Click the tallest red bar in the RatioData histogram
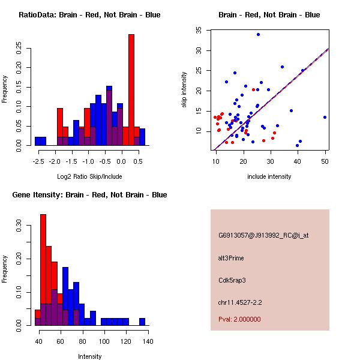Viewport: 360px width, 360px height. (x=131, y=90)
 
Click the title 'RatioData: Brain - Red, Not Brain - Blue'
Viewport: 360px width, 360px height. (x=89, y=15)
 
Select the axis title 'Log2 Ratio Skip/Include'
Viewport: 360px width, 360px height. (x=89, y=176)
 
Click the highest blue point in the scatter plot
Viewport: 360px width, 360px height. (x=258, y=34)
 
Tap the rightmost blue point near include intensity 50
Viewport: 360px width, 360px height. (x=325, y=117)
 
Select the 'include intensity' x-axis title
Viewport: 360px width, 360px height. (x=269, y=176)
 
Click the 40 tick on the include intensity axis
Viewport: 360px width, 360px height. (x=298, y=154)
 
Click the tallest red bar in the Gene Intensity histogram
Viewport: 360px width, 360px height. (x=43, y=270)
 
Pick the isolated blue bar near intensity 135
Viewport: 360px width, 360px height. (x=142, y=322)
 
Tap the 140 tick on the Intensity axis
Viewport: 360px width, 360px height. (x=148, y=334)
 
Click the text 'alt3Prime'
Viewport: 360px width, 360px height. (x=231, y=259)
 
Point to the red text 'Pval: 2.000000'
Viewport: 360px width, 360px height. (x=239, y=319)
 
